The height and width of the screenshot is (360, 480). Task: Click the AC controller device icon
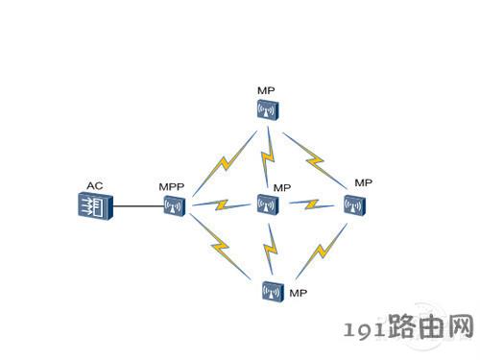pos(95,205)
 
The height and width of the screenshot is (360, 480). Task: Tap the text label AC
pos(95,185)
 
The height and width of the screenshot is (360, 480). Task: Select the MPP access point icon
pos(175,206)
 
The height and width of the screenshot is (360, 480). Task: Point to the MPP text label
pos(172,186)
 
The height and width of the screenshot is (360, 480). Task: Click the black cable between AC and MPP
pos(138,206)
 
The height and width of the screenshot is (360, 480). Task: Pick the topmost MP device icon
pos(268,110)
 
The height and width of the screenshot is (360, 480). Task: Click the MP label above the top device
pos(266,90)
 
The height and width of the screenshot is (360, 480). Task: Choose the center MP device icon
pos(268,204)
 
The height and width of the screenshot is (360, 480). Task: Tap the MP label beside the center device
pos(282,188)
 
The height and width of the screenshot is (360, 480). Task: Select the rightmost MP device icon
pos(354,204)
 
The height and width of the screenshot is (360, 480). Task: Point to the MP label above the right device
pos(363,182)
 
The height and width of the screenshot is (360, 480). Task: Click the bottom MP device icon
pos(273,291)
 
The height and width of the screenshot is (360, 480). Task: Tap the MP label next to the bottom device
pos(298,293)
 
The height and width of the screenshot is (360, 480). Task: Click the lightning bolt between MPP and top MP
pos(225,164)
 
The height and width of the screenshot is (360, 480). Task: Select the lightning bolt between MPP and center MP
pos(222,204)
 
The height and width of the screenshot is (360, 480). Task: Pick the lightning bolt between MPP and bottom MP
pos(220,246)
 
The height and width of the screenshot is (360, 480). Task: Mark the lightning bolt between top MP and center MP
pos(268,156)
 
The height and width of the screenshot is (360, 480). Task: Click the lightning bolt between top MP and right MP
pos(315,160)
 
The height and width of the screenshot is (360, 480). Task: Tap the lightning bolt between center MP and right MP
pos(312,204)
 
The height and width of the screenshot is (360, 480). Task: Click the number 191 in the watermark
pos(365,330)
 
